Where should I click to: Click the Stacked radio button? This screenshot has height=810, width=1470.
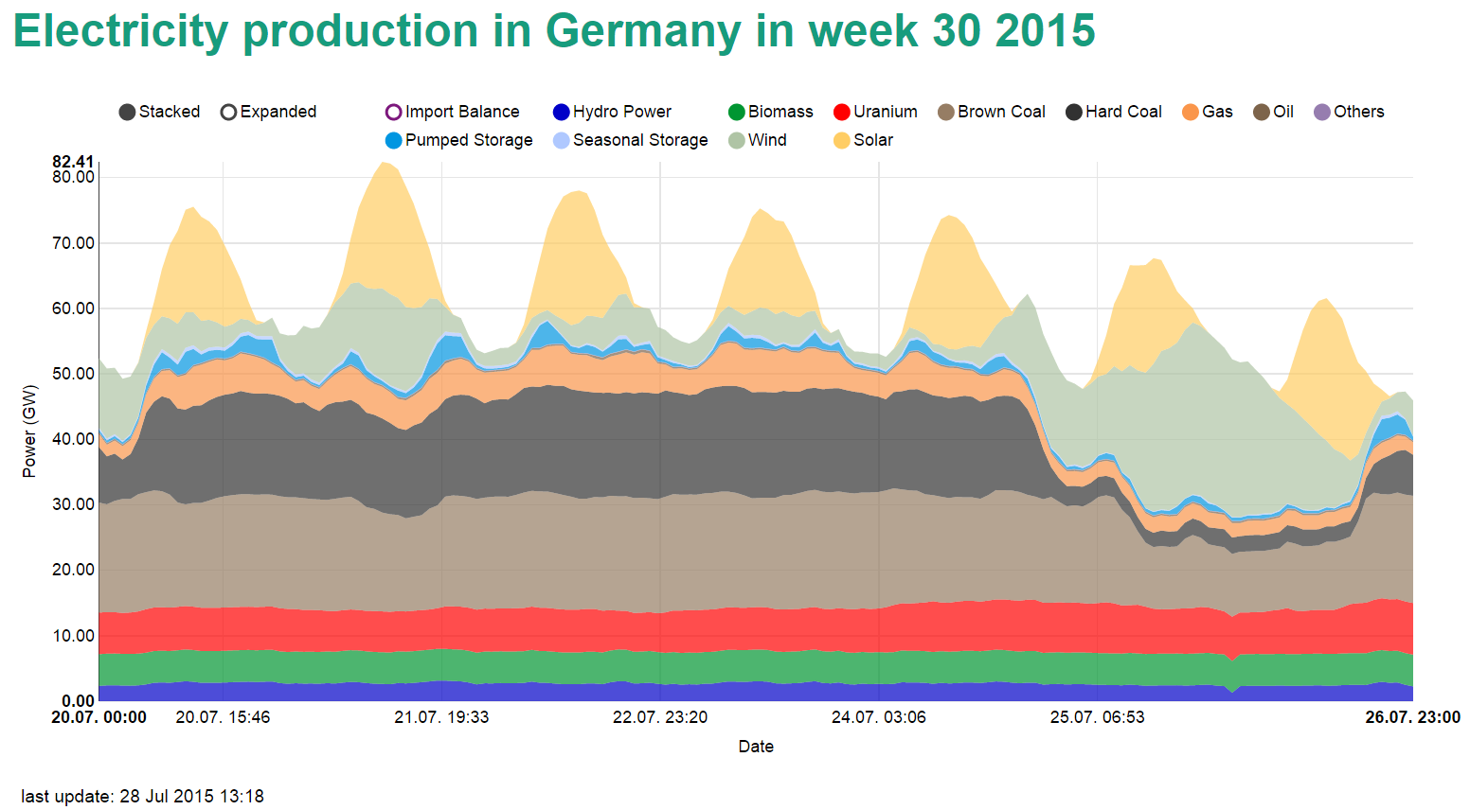(127, 112)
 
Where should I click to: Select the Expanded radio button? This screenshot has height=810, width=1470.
(228, 112)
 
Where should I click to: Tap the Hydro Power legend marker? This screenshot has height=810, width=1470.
(561, 112)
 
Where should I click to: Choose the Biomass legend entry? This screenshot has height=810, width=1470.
(770, 112)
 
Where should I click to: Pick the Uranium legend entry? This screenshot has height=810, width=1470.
(875, 112)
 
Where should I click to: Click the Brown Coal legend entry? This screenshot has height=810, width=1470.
(991, 112)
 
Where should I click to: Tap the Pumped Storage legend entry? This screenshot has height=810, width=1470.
(458, 140)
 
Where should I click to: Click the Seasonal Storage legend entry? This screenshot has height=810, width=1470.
(630, 140)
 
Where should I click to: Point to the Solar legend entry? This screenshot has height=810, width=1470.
(863, 140)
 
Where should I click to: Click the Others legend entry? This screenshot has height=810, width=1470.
(1349, 112)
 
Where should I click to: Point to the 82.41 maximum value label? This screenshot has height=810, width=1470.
(73, 163)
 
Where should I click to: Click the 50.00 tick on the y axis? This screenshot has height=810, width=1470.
(73, 374)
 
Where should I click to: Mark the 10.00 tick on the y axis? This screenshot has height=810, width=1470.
(73, 636)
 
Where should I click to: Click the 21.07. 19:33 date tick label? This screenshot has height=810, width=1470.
(441, 717)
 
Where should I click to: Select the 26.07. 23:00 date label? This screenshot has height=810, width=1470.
(1412, 717)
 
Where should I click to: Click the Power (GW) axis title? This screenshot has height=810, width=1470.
(29, 431)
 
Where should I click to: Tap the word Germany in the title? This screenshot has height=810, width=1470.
(643, 31)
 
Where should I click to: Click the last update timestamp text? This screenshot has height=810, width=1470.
(142, 796)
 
